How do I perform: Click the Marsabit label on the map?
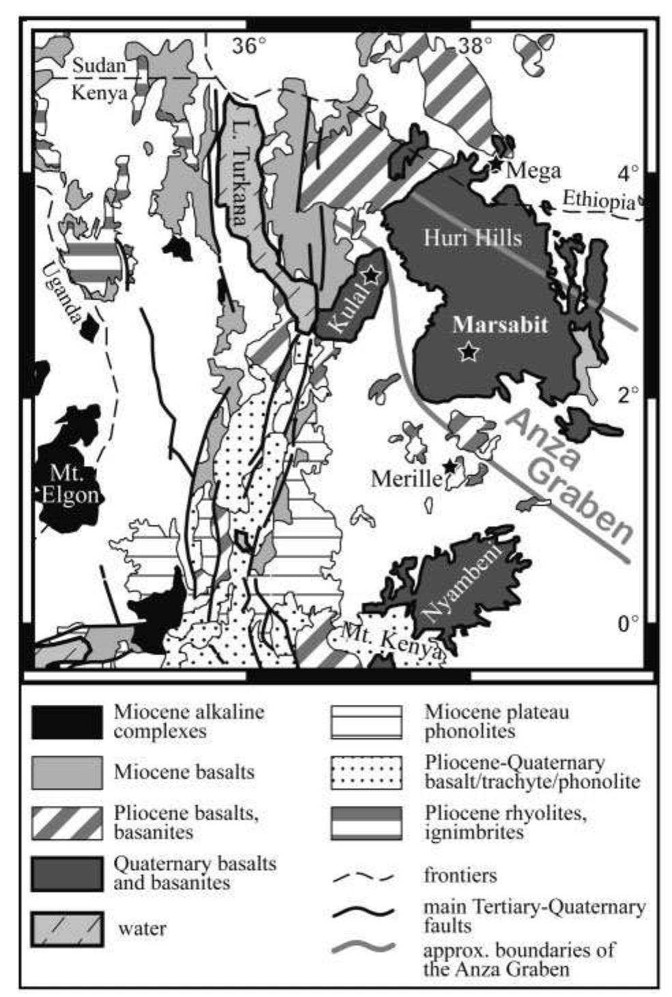[500, 325]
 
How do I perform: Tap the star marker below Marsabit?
[468, 352]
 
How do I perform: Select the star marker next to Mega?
[495, 165]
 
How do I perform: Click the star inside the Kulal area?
[370, 275]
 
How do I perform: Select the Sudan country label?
[100, 66]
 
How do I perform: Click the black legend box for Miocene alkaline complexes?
[67, 722]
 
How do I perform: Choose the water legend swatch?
[67, 929]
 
